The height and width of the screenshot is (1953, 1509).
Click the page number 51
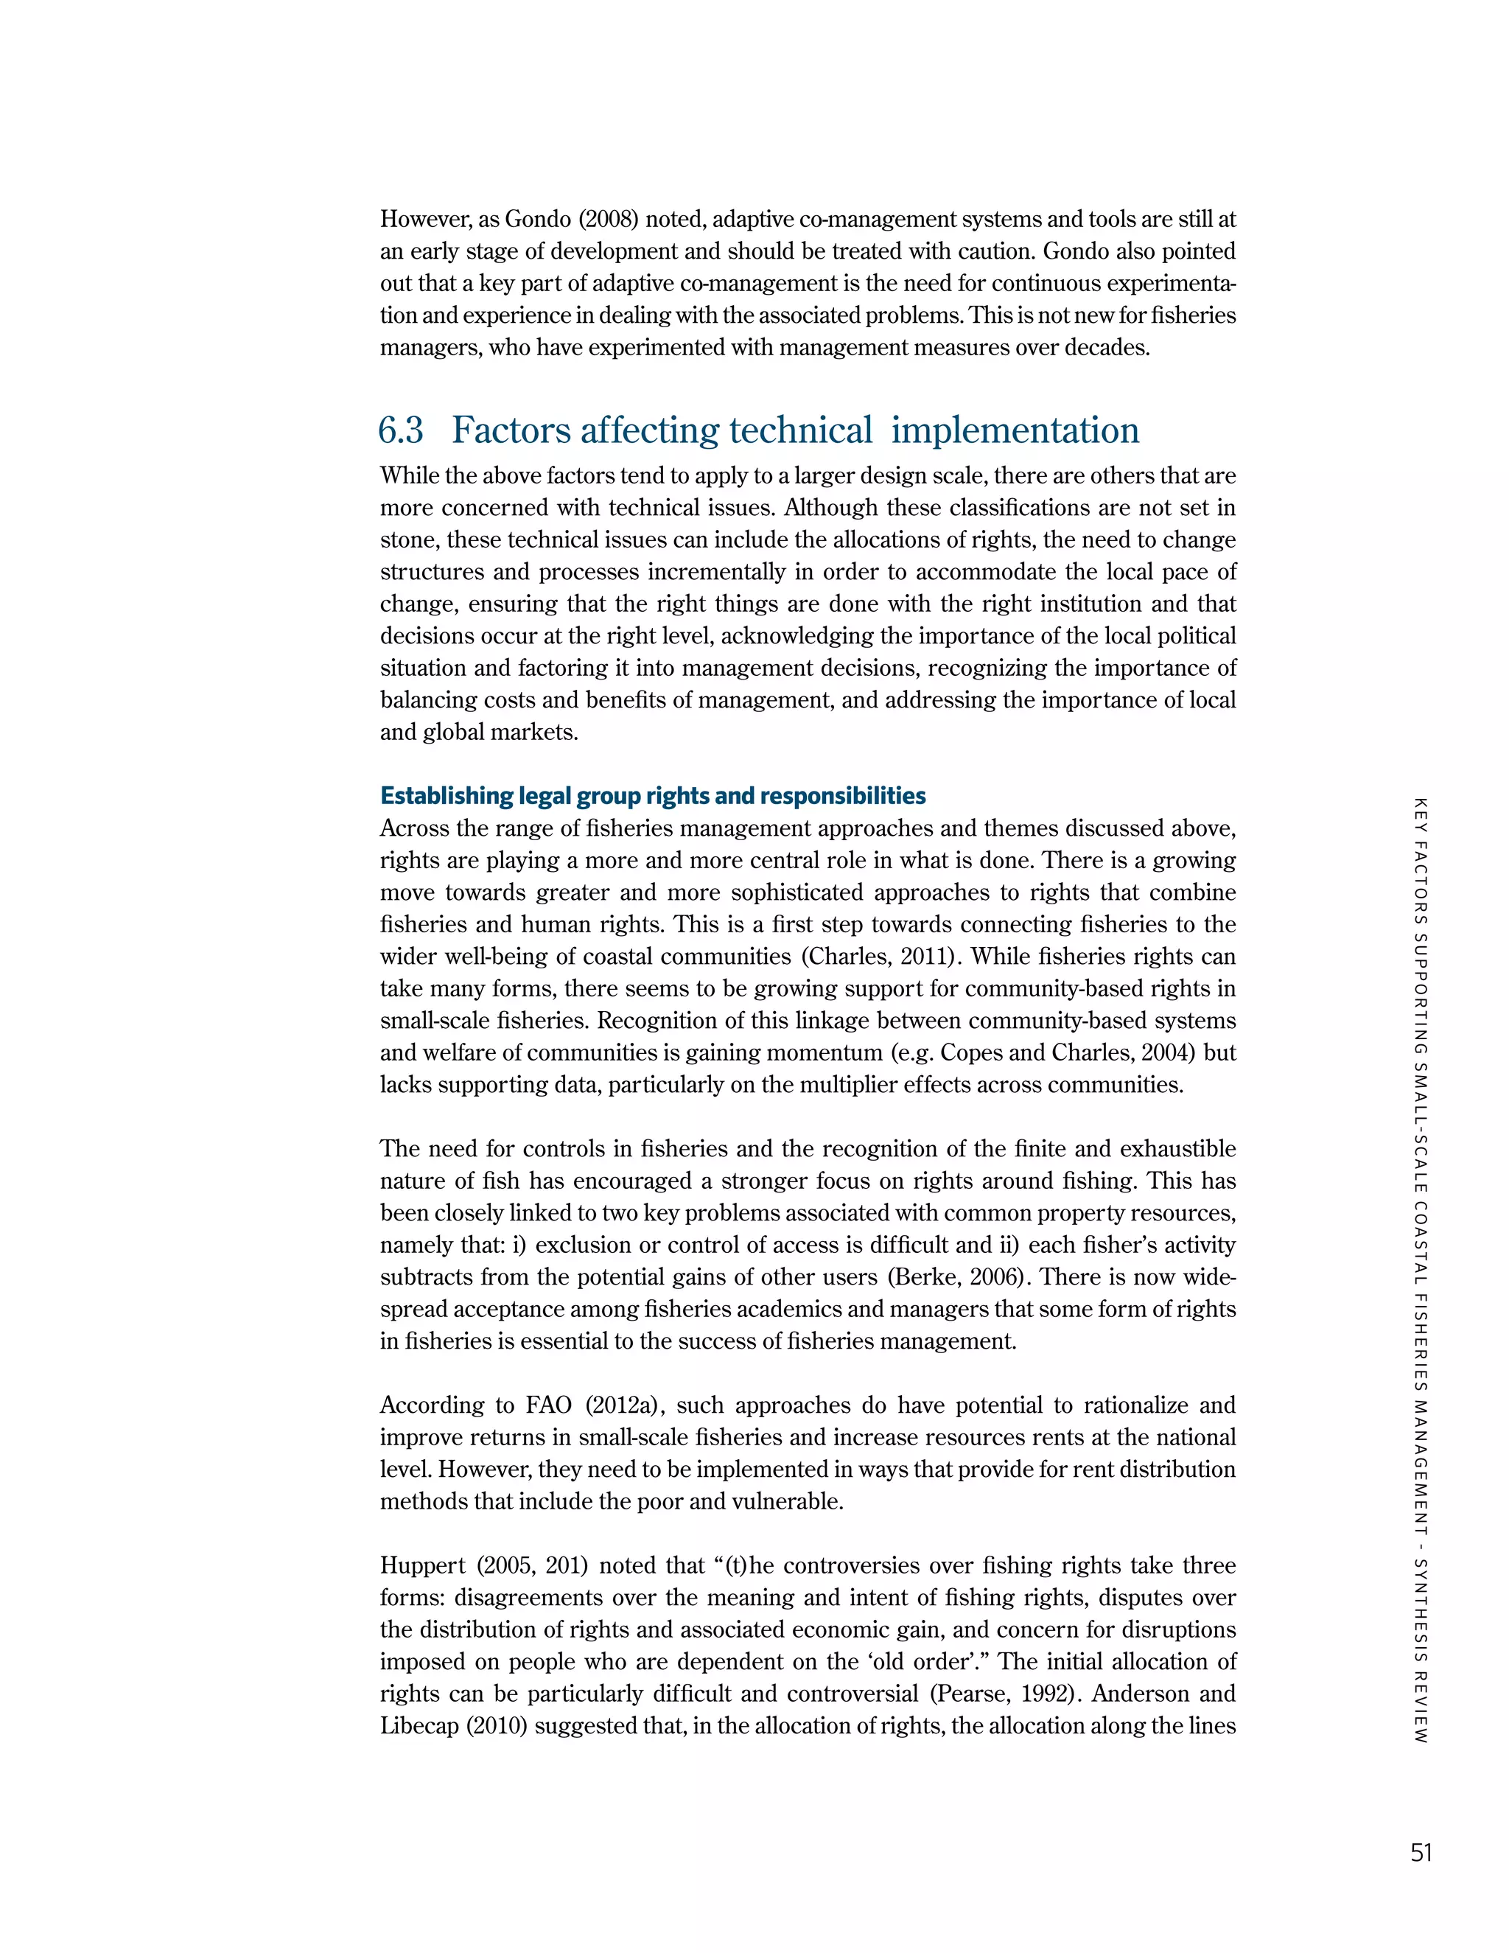click(1421, 1852)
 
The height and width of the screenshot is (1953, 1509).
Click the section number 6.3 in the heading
click(401, 431)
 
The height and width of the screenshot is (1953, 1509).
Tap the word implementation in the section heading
click(1015, 431)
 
